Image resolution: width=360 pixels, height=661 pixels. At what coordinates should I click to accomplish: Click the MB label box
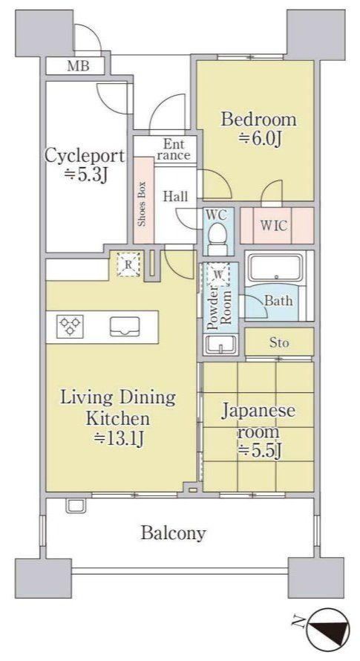[x=75, y=66]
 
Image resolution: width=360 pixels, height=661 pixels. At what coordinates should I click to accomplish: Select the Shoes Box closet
[x=144, y=201]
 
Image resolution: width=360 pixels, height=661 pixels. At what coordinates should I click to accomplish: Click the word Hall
[x=175, y=197]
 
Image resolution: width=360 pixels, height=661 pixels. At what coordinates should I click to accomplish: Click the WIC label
[x=273, y=226]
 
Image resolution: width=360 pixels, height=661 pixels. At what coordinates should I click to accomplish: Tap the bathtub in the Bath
[x=275, y=267]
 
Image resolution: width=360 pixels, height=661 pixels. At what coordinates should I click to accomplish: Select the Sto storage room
[x=280, y=342]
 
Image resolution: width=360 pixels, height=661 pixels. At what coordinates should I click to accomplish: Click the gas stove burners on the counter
[x=71, y=326]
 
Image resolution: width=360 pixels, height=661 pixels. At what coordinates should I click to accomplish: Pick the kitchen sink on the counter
[x=125, y=327]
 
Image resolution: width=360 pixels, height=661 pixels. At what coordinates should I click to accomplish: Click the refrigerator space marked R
[x=128, y=265]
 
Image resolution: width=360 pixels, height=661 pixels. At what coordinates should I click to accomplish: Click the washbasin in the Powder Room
[x=220, y=345]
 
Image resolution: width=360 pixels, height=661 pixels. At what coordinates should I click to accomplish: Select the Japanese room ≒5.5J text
[x=258, y=431]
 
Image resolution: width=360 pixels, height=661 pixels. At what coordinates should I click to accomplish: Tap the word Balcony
[x=173, y=534]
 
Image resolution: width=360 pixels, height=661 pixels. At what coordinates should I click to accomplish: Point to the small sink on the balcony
[x=76, y=506]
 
